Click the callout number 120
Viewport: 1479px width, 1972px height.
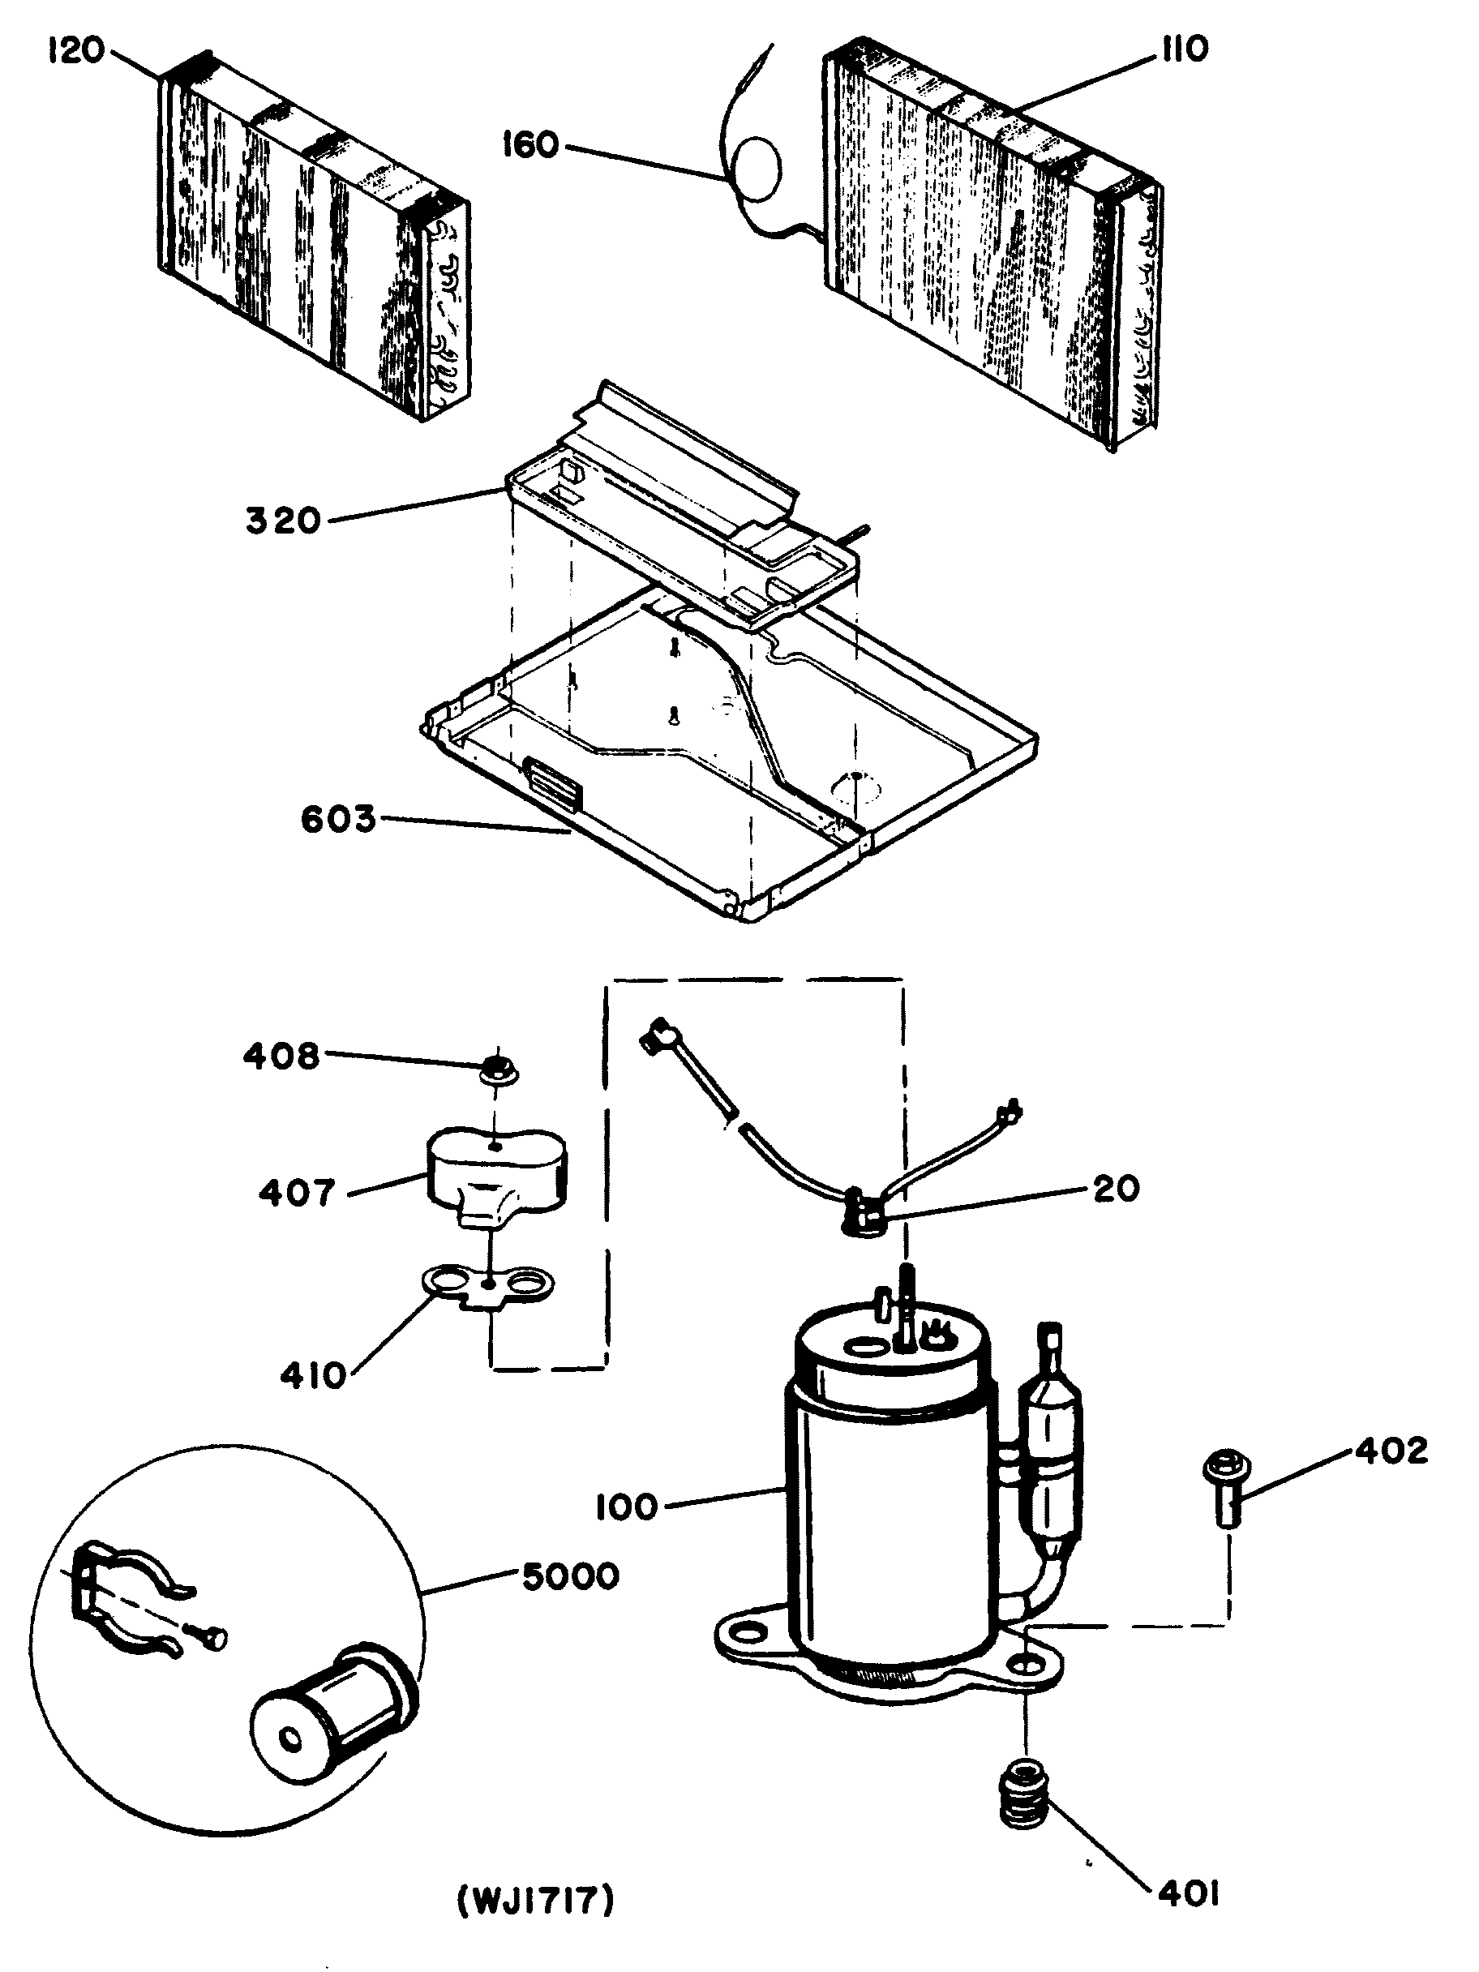point(75,51)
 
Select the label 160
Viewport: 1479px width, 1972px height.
point(530,144)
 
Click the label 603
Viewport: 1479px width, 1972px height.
point(338,819)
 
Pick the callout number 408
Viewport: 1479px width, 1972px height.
point(281,1057)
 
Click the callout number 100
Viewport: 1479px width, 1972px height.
point(627,1507)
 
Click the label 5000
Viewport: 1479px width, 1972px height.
point(571,1576)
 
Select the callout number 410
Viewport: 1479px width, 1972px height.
point(313,1375)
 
